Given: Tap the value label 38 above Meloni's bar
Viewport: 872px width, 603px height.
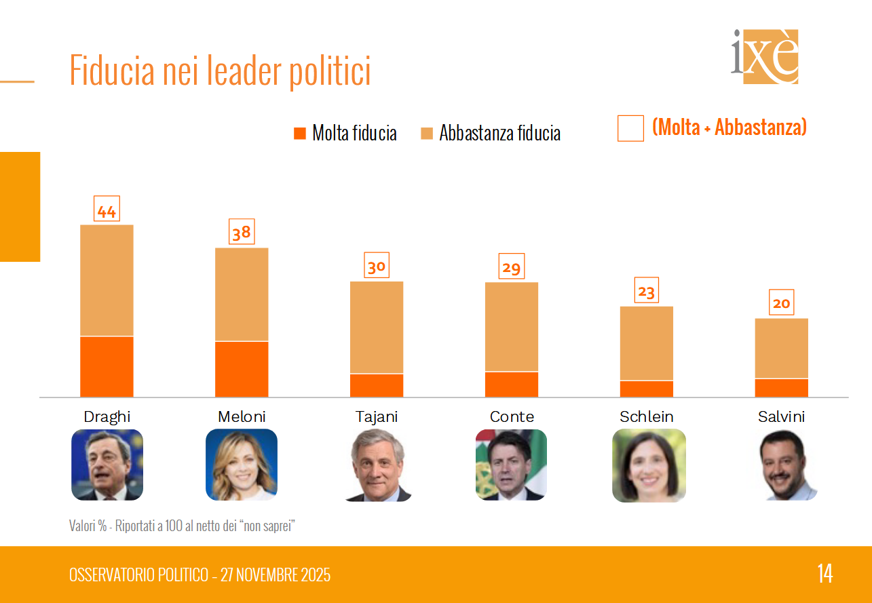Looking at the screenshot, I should pos(242,233).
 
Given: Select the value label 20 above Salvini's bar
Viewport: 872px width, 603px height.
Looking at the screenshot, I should pos(782,303).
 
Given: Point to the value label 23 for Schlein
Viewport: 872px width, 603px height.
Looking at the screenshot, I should pos(647,291).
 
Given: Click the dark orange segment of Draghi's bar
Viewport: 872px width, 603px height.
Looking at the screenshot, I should pos(107,366).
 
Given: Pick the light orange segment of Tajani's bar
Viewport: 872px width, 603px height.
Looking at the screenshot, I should pos(377,327).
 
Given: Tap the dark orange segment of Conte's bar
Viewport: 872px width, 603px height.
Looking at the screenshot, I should pos(512,384).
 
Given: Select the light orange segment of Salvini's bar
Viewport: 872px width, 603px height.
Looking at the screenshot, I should pos(782,348).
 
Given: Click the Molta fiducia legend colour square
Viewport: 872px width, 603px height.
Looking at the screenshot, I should pos(300,133).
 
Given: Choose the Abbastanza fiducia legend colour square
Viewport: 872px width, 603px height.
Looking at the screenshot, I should pos(427,133).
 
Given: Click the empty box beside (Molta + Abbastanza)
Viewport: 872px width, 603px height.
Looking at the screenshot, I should pos(630,128).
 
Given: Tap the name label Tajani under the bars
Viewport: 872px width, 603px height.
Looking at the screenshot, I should pos(377,416).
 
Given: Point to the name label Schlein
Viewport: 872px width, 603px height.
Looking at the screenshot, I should pos(647,416).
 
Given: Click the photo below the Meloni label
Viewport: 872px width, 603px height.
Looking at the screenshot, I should pos(242,465).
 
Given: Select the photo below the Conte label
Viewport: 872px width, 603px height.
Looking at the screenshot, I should pos(511,465).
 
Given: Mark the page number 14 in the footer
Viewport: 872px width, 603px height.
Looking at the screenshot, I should pos(824,574).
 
